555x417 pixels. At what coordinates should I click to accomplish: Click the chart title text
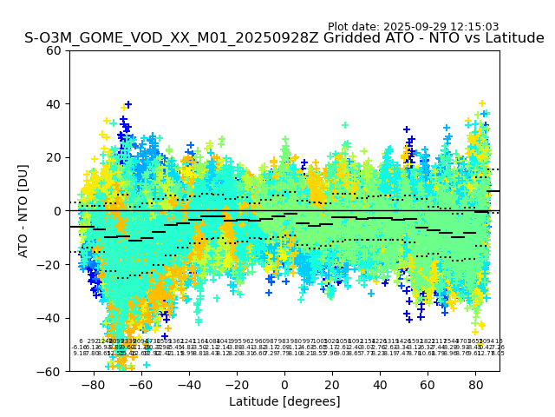click(x=284, y=38)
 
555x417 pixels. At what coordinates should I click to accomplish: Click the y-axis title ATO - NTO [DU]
click(x=23, y=211)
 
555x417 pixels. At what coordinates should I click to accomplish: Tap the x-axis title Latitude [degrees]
click(x=284, y=401)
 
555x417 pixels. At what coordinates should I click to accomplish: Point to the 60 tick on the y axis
click(x=54, y=50)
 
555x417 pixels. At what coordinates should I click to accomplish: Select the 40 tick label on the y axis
click(x=54, y=104)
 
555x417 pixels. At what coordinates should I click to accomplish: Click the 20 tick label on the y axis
click(x=54, y=157)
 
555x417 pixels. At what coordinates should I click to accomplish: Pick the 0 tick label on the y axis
click(x=57, y=211)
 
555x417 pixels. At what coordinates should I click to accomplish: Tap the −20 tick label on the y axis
click(x=50, y=264)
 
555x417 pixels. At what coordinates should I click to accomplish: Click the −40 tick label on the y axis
click(x=50, y=318)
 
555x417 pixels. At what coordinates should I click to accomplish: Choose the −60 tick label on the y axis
click(x=50, y=371)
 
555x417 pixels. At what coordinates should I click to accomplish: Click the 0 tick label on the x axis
click(x=284, y=384)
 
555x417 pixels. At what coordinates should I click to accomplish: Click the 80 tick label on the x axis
click(x=475, y=384)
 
